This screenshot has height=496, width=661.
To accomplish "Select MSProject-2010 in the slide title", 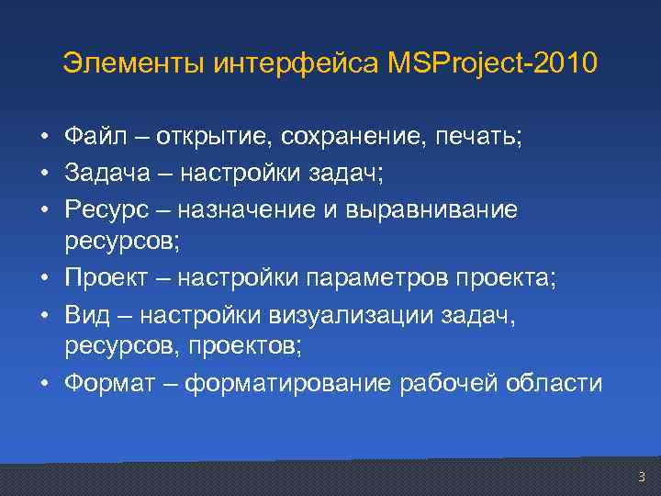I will pos(492,64).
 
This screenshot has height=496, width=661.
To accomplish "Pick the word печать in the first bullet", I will pos(478,137).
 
